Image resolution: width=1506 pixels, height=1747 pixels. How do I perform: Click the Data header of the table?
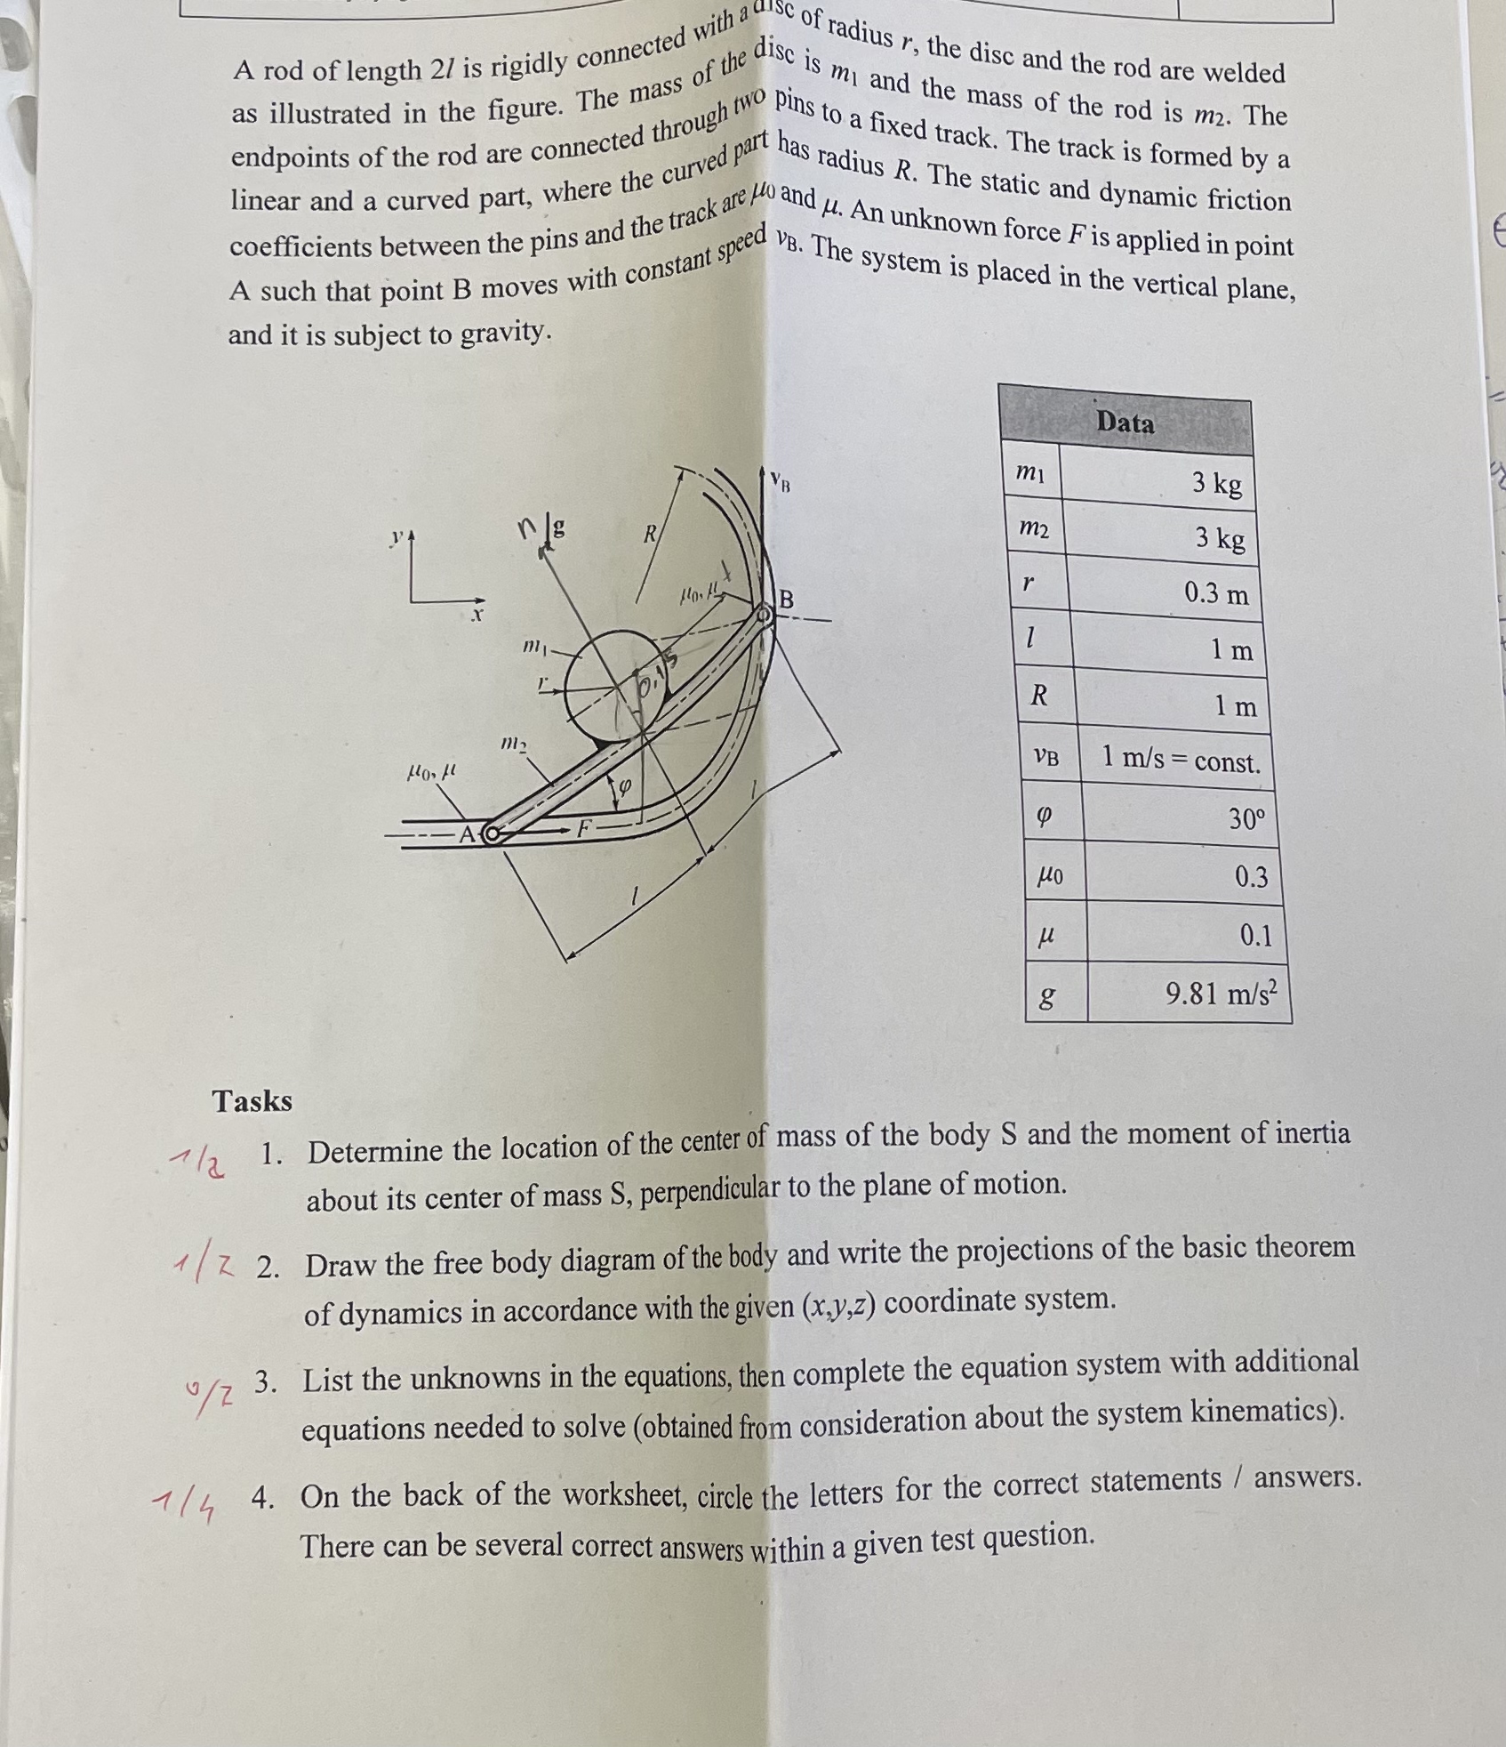[1125, 422]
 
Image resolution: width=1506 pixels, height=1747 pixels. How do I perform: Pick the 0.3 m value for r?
[1215, 593]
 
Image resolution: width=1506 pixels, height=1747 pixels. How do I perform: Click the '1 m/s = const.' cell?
[1181, 761]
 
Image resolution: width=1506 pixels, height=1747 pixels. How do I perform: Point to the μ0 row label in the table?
[1050, 875]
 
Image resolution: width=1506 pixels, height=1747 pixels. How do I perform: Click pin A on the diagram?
[492, 834]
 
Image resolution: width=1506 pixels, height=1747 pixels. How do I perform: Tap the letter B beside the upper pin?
[786, 600]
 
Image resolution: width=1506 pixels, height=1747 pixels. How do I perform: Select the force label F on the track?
[584, 827]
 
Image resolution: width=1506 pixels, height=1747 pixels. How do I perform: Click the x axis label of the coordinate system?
[477, 615]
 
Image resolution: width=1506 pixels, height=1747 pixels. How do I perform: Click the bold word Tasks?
[252, 1101]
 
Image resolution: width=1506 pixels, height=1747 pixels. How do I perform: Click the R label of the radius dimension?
[650, 535]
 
